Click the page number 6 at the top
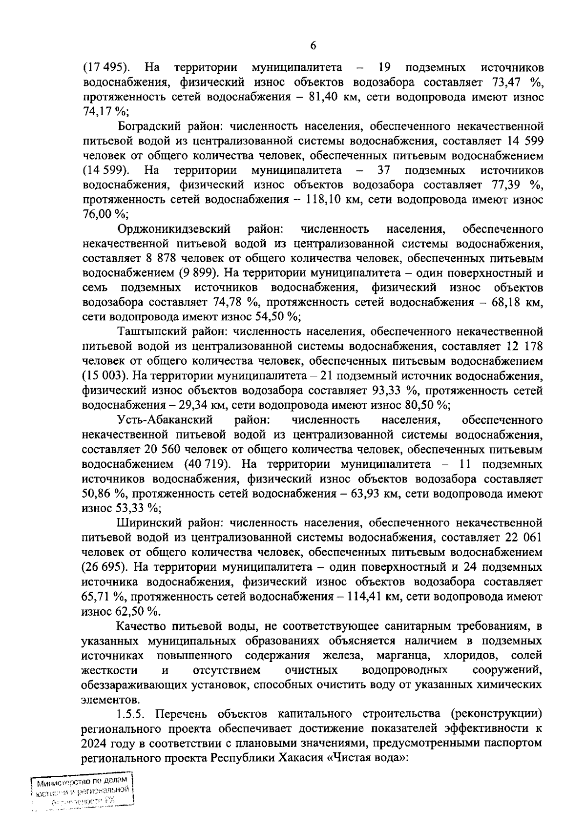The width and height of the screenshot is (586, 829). [313, 46]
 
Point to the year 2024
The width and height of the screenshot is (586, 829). [98, 744]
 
